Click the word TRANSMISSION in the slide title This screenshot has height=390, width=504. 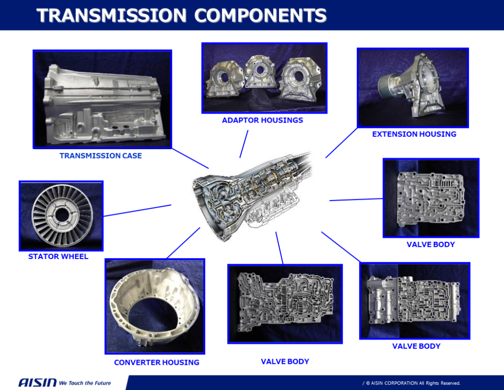(111, 15)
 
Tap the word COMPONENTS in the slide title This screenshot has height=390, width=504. (260, 15)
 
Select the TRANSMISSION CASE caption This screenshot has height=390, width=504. (100, 156)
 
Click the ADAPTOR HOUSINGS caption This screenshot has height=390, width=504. (262, 120)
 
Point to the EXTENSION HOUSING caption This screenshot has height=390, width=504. (414, 134)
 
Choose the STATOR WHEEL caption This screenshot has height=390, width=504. (58, 256)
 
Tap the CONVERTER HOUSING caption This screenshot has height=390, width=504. (157, 362)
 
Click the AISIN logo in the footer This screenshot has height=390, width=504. (37, 383)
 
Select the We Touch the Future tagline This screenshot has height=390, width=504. (85, 383)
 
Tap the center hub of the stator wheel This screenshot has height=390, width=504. (62, 215)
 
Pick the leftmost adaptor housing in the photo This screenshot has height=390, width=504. (225, 79)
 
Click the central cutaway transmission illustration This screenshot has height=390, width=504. (251, 197)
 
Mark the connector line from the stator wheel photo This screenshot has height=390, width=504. (137, 210)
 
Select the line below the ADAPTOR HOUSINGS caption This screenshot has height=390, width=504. (244, 144)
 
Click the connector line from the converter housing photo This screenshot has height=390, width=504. (184, 243)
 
